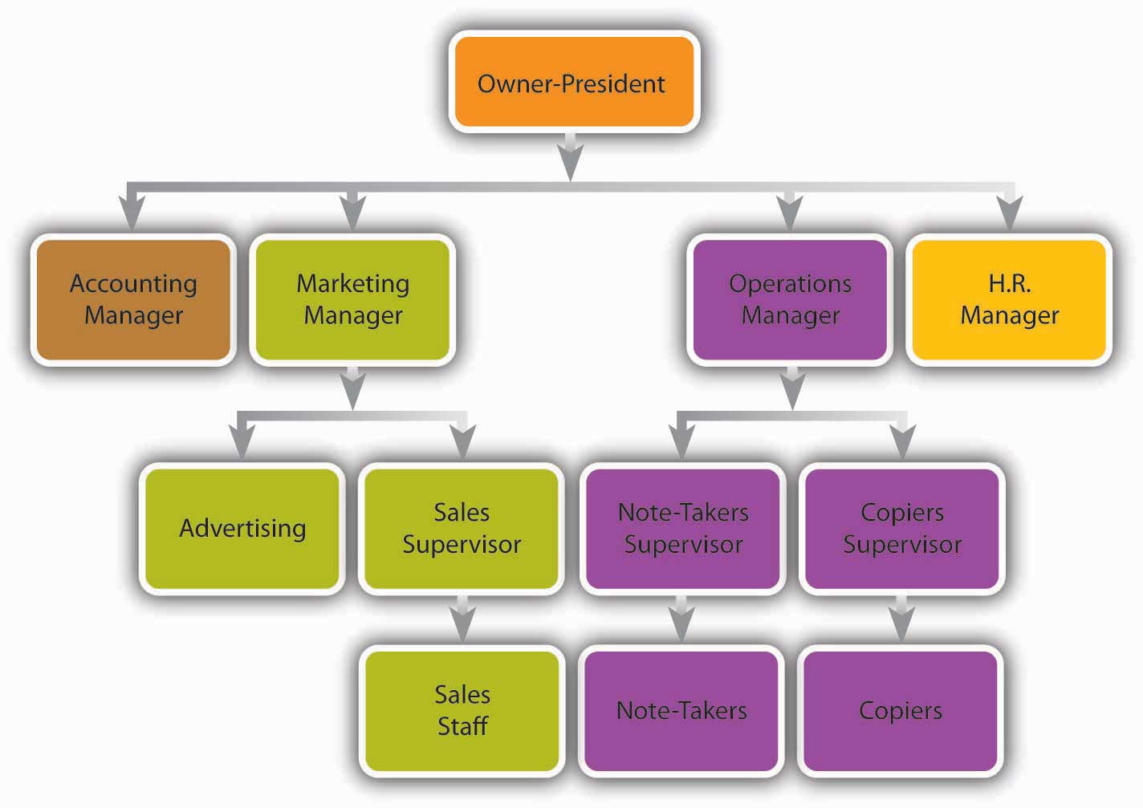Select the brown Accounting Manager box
point(133,299)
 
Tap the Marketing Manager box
point(352,299)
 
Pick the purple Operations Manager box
point(790,299)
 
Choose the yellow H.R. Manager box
point(1009,299)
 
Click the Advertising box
point(242,528)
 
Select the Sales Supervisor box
point(462,528)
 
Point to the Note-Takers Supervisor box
point(682,528)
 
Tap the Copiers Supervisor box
point(901,528)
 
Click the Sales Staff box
point(462,710)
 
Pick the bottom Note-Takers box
point(681,710)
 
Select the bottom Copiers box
point(901,710)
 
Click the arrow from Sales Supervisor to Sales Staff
point(462,620)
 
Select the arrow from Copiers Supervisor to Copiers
point(901,620)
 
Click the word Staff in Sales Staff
point(462,726)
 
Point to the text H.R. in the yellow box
point(1009,283)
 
